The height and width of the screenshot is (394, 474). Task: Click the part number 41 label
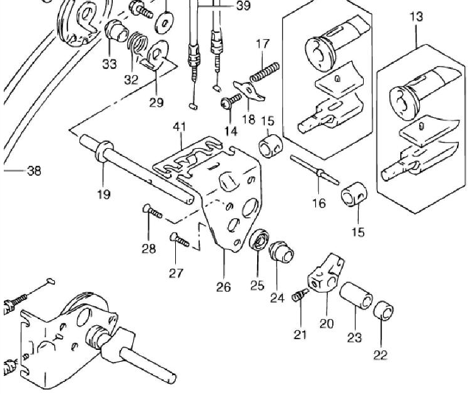point(180,126)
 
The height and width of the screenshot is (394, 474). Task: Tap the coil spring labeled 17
point(265,72)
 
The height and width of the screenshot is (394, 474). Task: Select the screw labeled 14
point(231,101)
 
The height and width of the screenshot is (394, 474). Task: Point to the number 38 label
point(34,171)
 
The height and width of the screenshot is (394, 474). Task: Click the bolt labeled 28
point(152,211)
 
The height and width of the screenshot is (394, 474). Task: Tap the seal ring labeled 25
point(259,239)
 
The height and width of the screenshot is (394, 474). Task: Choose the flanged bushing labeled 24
point(281,252)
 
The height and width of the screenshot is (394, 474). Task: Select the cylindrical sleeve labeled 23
point(355,296)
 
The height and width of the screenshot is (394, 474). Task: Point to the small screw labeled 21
point(300,295)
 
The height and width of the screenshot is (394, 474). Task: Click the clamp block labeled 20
point(326,274)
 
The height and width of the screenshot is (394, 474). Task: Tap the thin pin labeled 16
point(315,170)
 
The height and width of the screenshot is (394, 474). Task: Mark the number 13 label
point(417,16)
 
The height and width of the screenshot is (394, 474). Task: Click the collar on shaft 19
point(104,150)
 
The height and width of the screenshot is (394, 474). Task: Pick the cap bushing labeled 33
point(117,31)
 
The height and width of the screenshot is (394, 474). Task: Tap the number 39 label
point(244,6)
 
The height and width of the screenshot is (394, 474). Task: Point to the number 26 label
point(223,287)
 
